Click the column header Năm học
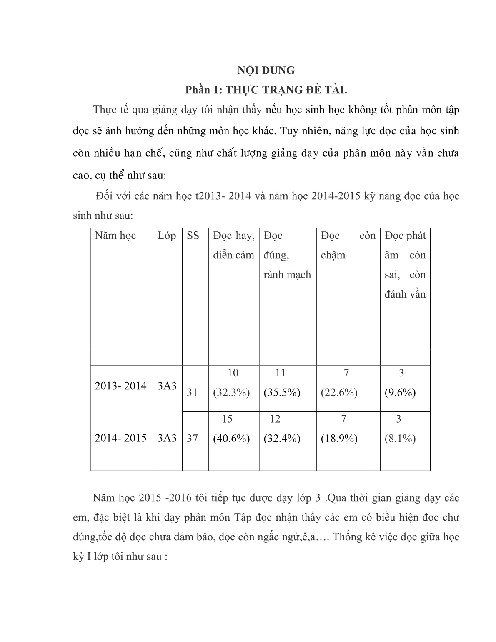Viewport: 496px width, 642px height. point(115,236)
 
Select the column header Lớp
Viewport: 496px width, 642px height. point(167,236)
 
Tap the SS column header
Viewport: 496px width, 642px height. point(193,236)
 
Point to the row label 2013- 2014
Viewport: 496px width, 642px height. point(121,386)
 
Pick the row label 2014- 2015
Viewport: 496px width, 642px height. point(121,438)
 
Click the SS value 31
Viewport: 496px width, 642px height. point(192,392)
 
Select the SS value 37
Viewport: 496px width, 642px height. point(192,438)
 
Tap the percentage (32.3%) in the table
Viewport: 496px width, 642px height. point(231,392)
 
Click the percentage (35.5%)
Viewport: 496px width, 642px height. point(282,392)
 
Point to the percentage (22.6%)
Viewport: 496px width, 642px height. point(339,392)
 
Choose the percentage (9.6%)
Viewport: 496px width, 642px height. point(400,392)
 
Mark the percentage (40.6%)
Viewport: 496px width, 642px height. point(231,438)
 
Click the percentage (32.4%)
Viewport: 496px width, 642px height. point(282,438)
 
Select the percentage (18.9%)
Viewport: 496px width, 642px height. point(339,438)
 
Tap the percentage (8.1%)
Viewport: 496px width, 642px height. point(400,438)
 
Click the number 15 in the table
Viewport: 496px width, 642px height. point(227,419)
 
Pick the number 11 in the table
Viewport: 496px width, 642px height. point(281,373)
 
